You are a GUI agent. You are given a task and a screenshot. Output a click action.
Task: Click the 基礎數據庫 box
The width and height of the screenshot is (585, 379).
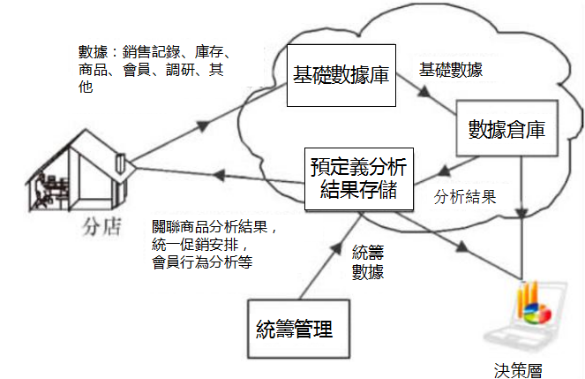coord(341,75)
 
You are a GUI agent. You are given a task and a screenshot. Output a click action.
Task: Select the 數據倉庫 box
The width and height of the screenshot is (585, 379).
coord(507,128)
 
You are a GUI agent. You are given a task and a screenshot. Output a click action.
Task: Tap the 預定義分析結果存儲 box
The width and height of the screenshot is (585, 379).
coord(359,178)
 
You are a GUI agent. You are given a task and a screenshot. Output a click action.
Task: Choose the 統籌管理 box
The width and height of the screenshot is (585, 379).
coord(298,329)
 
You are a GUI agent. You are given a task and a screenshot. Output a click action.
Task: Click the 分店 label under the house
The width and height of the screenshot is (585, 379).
coord(101,227)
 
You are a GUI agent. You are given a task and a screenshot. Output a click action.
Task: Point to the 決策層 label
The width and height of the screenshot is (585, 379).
coord(518,370)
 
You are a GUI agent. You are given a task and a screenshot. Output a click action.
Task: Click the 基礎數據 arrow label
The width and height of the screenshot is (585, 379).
coord(451,70)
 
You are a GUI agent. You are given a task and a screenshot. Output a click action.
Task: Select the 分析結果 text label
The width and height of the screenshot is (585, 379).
coord(465,196)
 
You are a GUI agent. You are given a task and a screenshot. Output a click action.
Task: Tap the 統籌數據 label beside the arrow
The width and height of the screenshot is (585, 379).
coord(368,262)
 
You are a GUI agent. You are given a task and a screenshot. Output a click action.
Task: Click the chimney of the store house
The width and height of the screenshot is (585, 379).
coord(121,163)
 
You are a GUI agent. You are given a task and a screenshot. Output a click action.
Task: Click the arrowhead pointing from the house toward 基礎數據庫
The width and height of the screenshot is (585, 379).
coord(203,125)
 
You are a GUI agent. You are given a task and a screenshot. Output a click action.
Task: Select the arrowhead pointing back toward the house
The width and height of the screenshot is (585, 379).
coord(219,175)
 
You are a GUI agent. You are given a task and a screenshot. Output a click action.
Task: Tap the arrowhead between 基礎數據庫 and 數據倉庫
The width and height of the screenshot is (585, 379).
coord(424,92)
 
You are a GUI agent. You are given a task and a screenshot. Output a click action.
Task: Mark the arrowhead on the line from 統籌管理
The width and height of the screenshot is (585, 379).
coord(336,248)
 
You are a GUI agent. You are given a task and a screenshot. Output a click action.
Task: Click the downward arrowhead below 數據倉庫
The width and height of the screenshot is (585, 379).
coord(522,214)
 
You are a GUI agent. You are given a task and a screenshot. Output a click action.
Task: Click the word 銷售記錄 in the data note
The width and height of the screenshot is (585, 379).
coord(152,52)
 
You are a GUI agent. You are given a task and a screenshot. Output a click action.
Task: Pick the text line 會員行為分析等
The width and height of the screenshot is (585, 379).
coord(202,262)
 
